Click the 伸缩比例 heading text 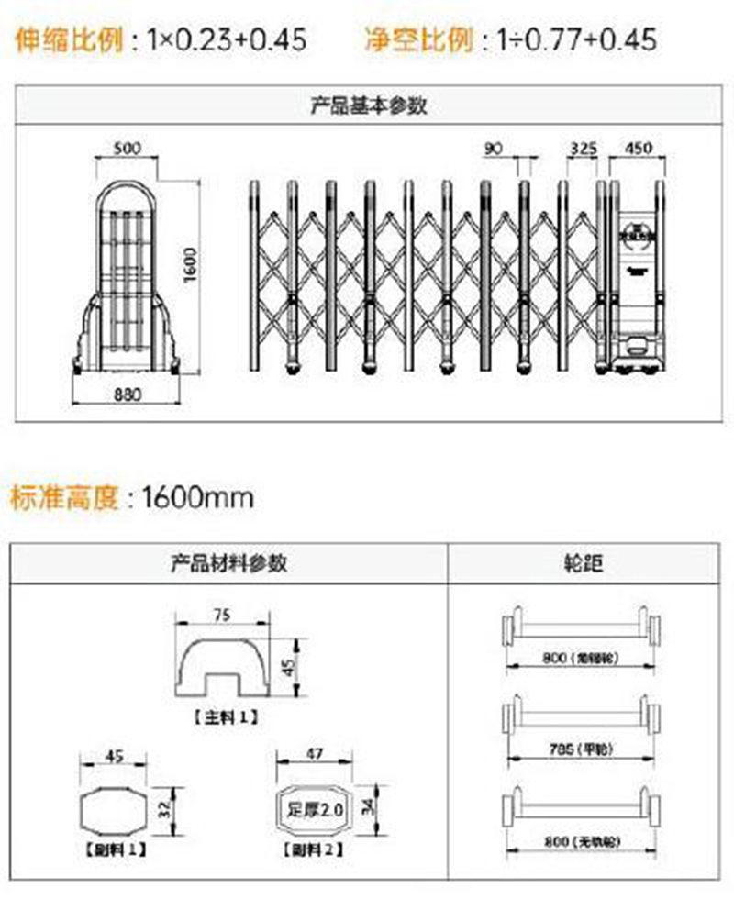[69, 39]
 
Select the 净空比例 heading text [418, 39]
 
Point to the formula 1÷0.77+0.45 [577, 39]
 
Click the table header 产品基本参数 [367, 105]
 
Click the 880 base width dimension [126, 397]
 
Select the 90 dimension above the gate [495, 148]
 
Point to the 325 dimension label [583, 148]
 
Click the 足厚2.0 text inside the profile [315, 810]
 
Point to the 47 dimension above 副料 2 [315, 754]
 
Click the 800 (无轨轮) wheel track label [583, 841]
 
